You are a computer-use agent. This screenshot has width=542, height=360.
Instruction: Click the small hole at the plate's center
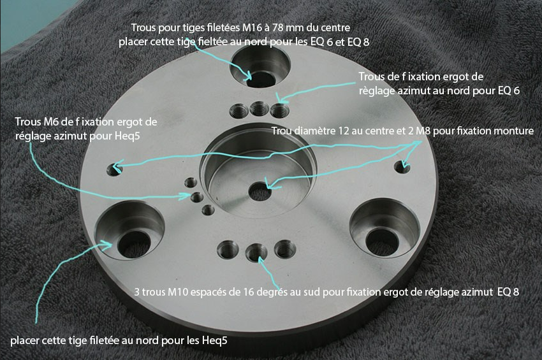point(260,192)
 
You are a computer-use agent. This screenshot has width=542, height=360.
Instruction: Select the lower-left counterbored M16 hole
point(129,231)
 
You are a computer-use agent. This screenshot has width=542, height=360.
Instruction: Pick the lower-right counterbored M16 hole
point(385,228)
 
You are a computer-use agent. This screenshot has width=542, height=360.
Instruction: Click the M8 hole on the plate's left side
point(114,169)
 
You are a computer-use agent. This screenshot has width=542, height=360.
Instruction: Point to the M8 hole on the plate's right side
point(402,167)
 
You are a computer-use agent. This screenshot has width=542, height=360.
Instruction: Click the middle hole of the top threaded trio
point(260,109)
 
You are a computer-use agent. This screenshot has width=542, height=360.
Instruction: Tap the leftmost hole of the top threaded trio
point(239,111)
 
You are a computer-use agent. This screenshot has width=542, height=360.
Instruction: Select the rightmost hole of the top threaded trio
point(280,110)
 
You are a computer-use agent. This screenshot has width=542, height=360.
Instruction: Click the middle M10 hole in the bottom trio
point(256,252)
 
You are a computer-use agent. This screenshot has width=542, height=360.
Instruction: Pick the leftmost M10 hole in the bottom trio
point(228,250)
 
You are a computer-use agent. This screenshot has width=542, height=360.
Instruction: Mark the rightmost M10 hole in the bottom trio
point(285,249)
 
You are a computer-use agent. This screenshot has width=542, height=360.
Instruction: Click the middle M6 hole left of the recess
point(197,198)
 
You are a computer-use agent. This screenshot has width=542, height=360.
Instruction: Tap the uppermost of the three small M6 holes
point(191,182)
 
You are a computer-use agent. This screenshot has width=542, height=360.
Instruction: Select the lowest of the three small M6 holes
point(208,210)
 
